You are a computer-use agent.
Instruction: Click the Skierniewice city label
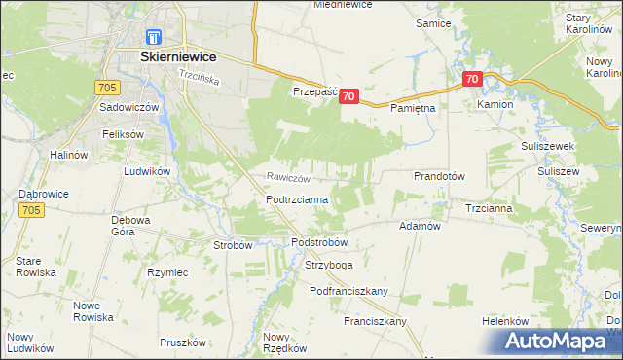pyautogui.click(x=177, y=57)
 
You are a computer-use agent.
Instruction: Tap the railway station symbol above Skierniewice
pyautogui.click(x=152, y=37)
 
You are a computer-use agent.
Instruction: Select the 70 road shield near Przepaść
pyautogui.click(x=350, y=96)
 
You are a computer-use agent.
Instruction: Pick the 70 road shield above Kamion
pyautogui.click(x=472, y=79)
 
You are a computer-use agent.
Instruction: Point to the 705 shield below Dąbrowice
pyautogui.click(x=31, y=210)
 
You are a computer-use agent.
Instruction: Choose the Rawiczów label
pyautogui.click(x=288, y=178)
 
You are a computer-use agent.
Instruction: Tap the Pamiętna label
pyautogui.click(x=413, y=109)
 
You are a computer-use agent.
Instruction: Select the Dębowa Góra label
pyautogui.click(x=128, y=226)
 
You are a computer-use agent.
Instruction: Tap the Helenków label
pyautogui.click(x=505, y=321)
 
